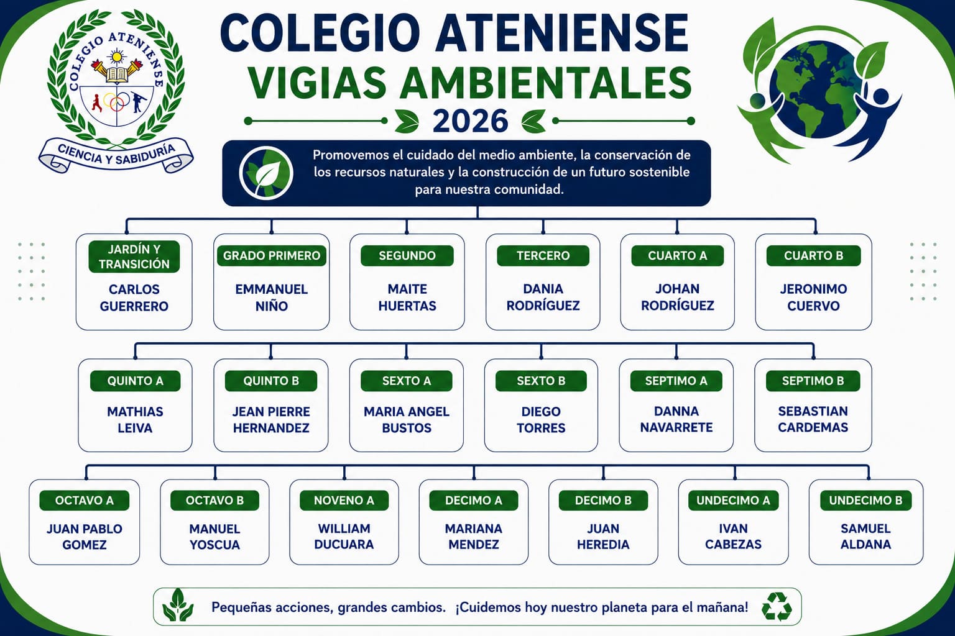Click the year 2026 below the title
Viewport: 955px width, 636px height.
pyautogui.click(x=470, y=121)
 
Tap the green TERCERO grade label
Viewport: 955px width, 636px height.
pyautogui.click(x=543, y=256)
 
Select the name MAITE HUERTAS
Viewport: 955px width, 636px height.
pyautogui.click(x=407, y=298)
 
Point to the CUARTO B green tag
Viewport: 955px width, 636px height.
pyautogui.click(x=813, y=256)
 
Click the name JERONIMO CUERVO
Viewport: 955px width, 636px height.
pyautogui.click(x=813, y=298)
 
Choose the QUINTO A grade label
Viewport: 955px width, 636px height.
pyautogui.click(x=135, y=381)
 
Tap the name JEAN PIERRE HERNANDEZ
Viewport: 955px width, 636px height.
pyautogui.click(x=271, y=420)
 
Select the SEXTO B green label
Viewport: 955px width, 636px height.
pyautogui.click(x=541, y=381)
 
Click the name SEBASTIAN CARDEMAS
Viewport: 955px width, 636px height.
pyautogui.click(x=813, y=419)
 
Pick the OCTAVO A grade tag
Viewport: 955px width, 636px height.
pyautogui.click(x=85, y=501)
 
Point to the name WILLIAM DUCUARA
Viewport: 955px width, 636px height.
pyautogui.click(x=344, y=537)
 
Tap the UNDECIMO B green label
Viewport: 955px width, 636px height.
pyautogui.click(x=865, y=501)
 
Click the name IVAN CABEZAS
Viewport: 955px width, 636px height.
pyautogui.click(x=733, y=537)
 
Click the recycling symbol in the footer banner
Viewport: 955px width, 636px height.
pyautogui.click(x=777, y=607)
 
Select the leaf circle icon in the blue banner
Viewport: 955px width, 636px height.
pyautogui.click(x=266, y=173)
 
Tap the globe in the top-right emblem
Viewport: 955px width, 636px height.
pyautogui.click(x=815, y=89)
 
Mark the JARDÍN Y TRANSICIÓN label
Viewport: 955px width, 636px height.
pyautogui.click(x=134, y=257)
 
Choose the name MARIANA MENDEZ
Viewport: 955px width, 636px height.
pyautogui.click(x=474, y=537)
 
